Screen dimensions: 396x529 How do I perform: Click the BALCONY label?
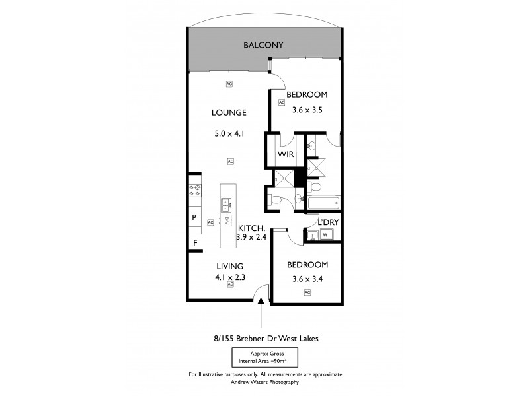tap(263, 46)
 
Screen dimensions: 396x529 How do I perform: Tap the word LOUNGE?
tap(229, 112)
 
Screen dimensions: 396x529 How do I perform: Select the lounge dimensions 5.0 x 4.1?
tap(229, 133)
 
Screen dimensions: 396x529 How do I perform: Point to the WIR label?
tap(286, 155)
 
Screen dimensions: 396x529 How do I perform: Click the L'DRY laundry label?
tap(328, 222)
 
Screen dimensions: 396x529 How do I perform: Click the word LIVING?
tap(229, 266)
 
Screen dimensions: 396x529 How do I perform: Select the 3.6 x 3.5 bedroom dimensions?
tap(307, 110)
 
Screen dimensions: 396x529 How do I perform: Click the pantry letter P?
tap(194, 217)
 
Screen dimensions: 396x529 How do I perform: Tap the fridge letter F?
tap(194, 243)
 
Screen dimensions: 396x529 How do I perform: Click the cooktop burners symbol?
tap(195, 191)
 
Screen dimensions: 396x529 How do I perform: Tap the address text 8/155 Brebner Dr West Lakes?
tap(264, 339)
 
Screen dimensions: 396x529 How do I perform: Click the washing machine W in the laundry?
tap(333, 234)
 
